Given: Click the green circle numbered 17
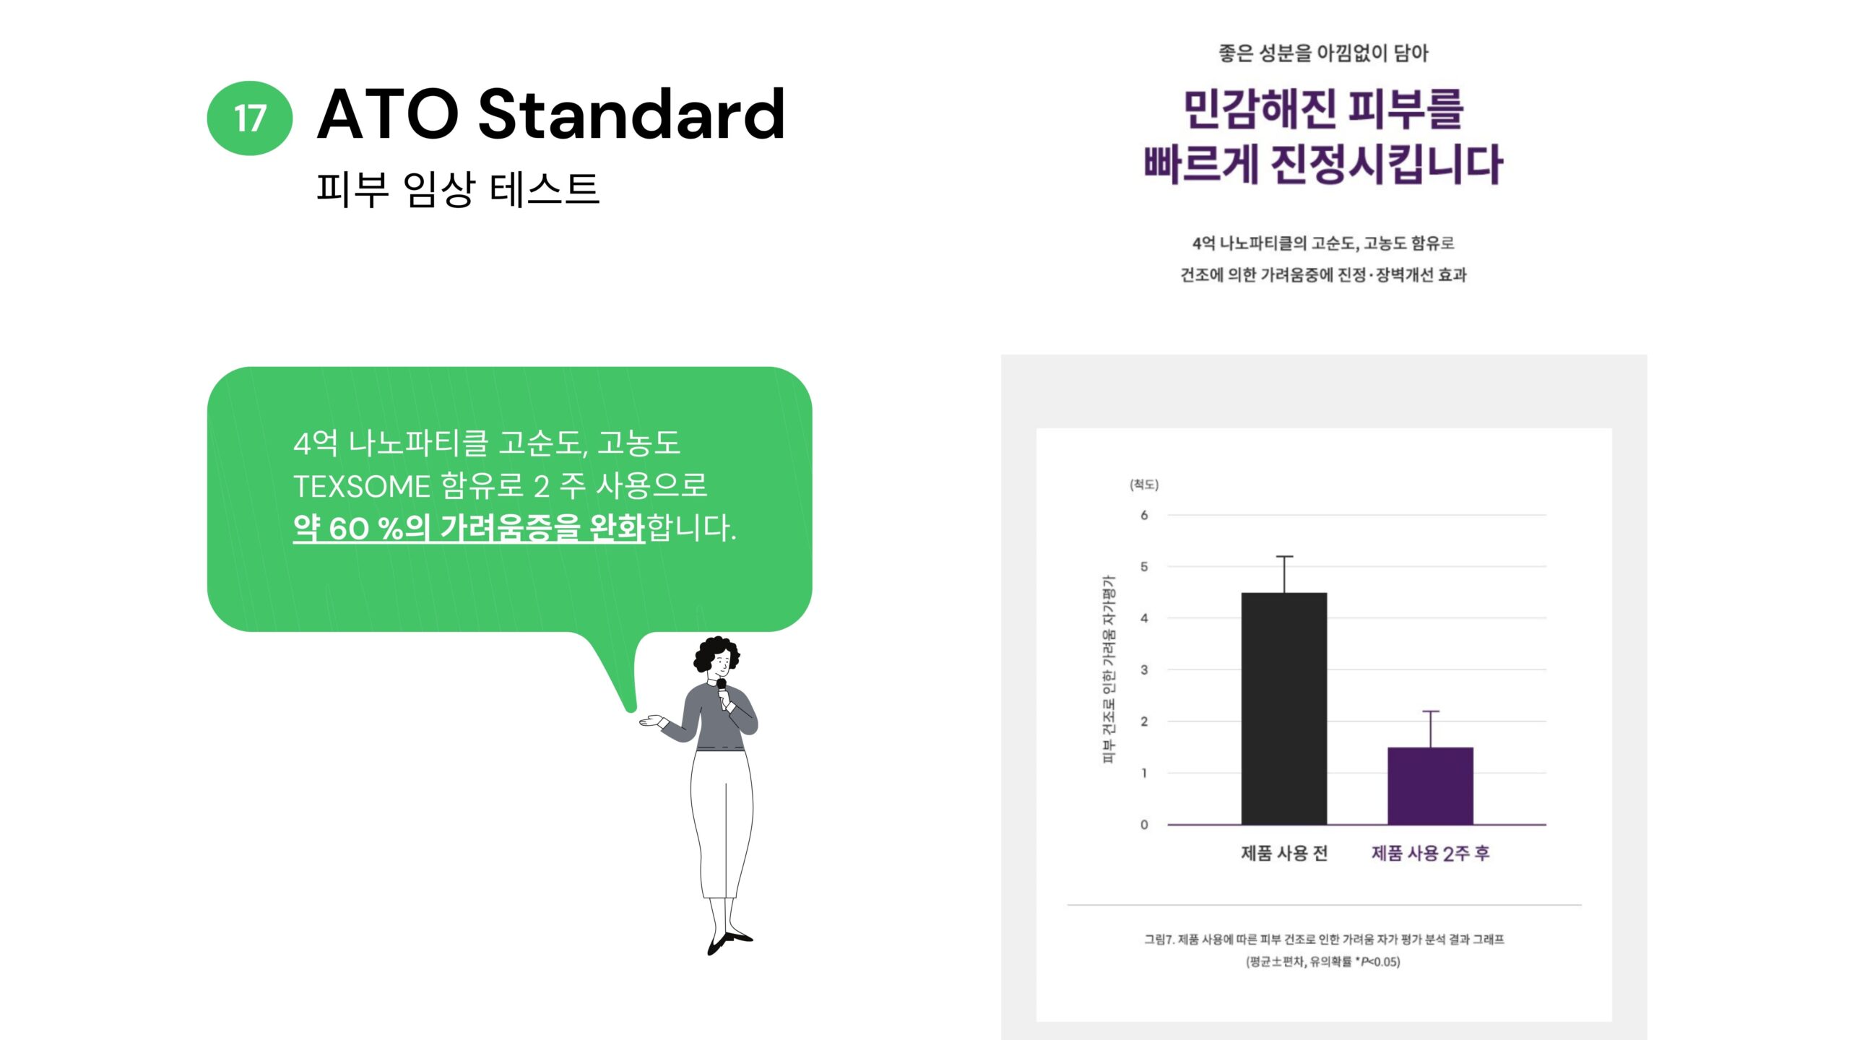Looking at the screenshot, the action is (x=250, y=118).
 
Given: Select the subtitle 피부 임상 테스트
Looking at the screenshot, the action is (x=458, y=189).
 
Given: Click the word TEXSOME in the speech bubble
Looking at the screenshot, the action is (x=361, y=486).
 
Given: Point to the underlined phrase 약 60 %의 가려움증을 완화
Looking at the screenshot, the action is (x=469, y=527).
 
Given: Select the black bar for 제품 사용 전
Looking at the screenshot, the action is (x=1284, y=708).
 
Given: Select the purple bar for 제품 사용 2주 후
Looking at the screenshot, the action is (x=1430, y=786).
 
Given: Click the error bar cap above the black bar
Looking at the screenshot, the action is (x=1284, y=556).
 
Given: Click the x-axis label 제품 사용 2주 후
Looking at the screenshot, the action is (x=1430, y=853).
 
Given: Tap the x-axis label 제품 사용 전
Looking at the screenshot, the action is (x=1284, y=853).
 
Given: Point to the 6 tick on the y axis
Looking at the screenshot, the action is (x=1144, y=515).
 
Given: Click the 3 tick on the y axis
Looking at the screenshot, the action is (x=1144, y=669).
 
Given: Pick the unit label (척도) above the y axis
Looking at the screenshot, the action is (x=1144, y=485).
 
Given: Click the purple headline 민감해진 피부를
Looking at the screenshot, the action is (x=1323, y=109).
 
